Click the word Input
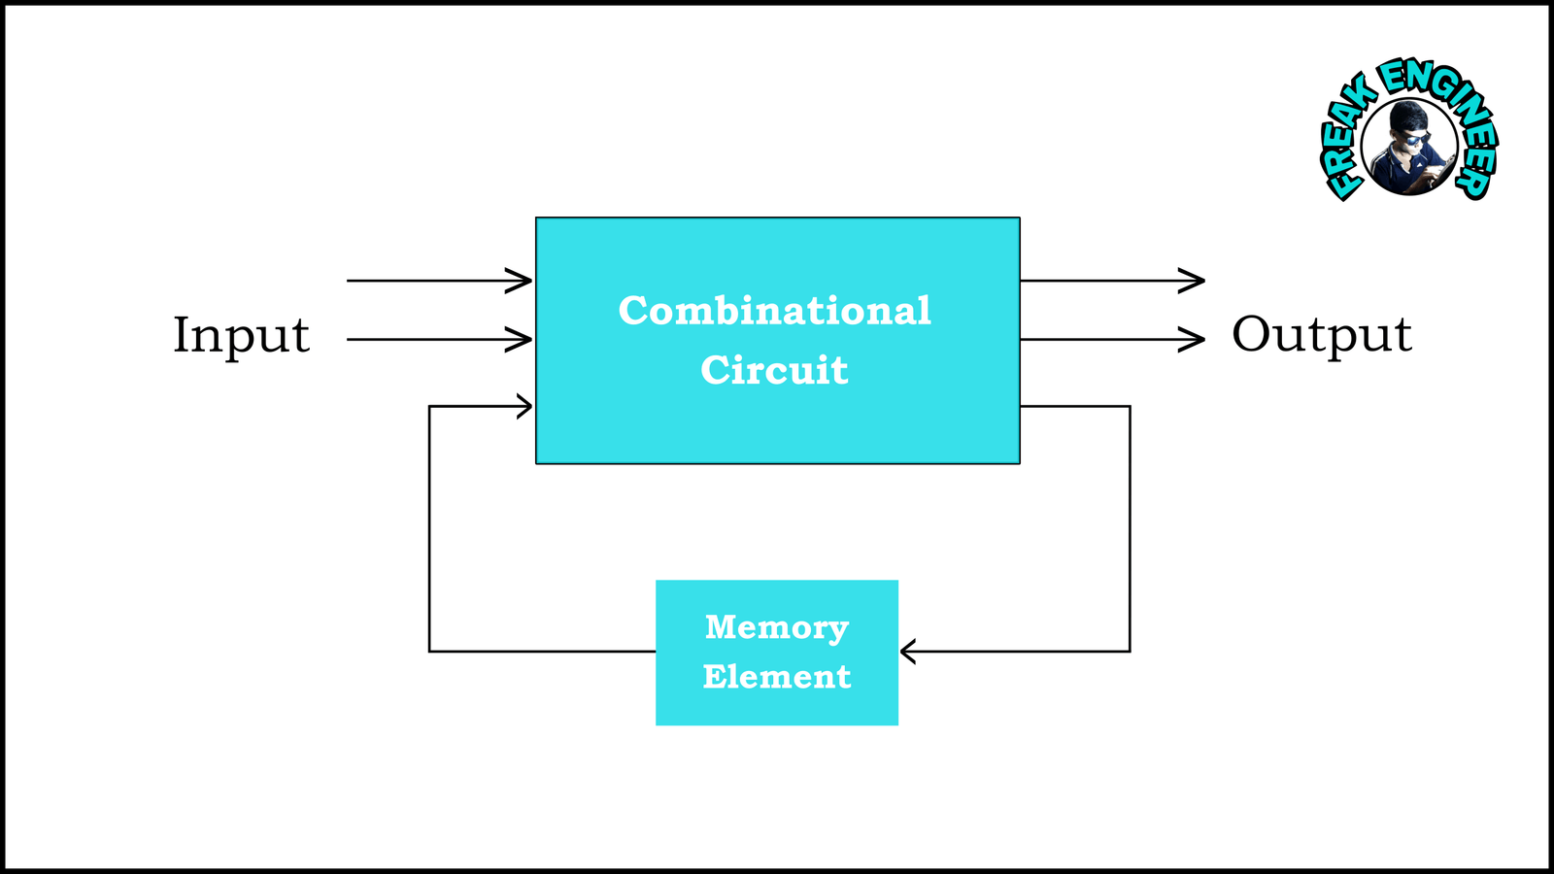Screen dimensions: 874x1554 click(x=241, y=336)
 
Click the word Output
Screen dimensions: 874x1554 click(x=1321, y=336)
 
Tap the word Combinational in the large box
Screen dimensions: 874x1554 click(x=775, y=311)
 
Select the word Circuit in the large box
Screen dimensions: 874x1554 click(x=775, y=370)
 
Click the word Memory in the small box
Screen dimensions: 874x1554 click(x=777, y=627)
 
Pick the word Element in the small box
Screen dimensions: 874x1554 click(x=777, y=677)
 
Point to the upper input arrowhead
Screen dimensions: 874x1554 click(x=523, y=281)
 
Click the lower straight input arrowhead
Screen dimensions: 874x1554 click(x=523, y=340)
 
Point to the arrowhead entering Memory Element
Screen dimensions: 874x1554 click(x=908, y=651)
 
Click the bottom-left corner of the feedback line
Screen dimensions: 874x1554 click(x=429, y=651)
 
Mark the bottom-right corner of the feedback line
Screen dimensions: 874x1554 click(x=1130, y=651)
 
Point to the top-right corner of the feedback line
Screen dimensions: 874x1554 click(x=1130, y=406)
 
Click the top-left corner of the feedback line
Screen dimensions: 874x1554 click(x=429, y=406)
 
